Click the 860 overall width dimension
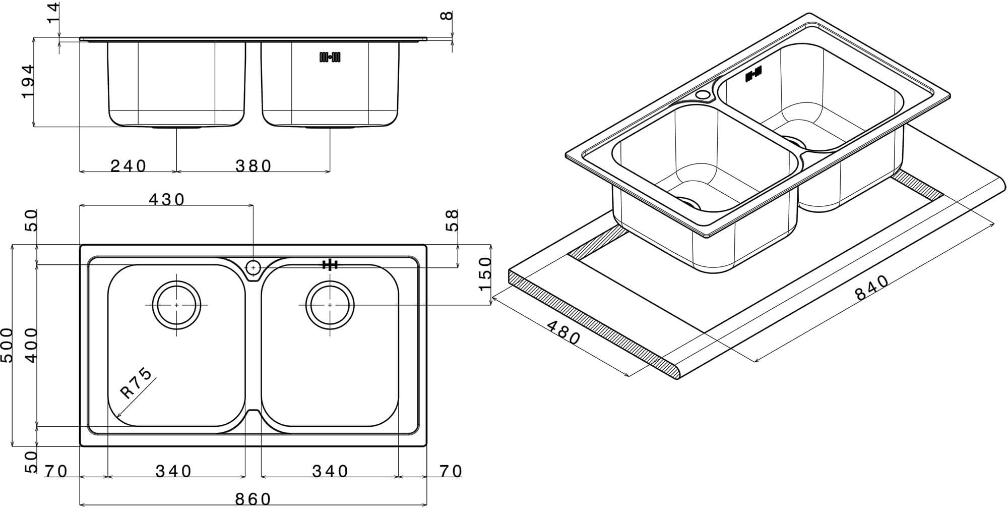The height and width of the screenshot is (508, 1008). click(254, 499)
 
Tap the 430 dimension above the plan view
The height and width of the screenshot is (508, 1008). click(167, 200)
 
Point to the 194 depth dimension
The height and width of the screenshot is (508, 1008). click(28, 81)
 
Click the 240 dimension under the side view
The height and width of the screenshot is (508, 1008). click(129, 165)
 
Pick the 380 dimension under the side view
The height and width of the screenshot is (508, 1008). click(254, 165)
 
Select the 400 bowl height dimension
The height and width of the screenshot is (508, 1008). click(31, 346)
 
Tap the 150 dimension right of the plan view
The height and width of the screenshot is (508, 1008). click(484, 273)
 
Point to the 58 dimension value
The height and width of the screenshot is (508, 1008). click(453, 220)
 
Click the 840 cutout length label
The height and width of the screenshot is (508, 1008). click(872, 288)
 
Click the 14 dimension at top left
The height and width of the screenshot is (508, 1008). click(53, 12)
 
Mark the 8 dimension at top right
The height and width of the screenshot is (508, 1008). click(447, 16)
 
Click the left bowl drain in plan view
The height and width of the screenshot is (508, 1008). click(176, 305)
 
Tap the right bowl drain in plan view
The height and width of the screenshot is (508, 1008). click(330, 305)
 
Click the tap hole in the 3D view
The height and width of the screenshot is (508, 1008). click(702, 94)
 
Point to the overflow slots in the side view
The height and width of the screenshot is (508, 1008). click(330, 58)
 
